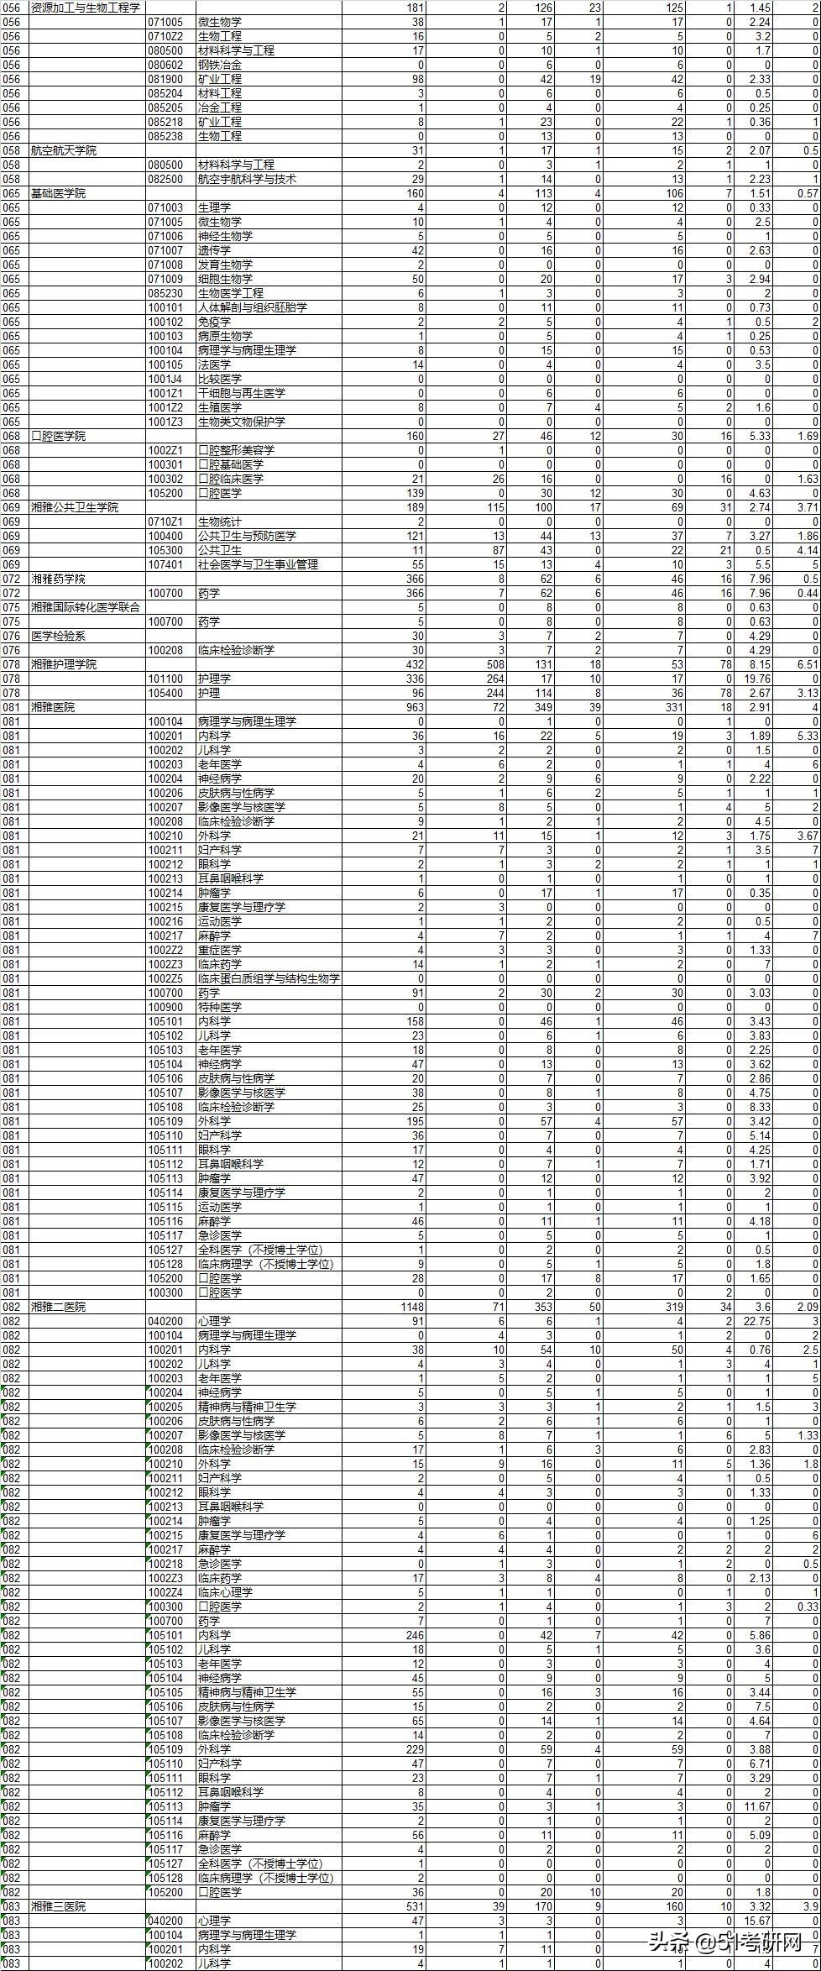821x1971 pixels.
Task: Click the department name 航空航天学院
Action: click(64, 150)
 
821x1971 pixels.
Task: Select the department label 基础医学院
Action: click(58, 193)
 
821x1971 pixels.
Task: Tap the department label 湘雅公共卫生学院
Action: click(75, 507)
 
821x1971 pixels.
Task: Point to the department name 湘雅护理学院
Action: click(64, 664)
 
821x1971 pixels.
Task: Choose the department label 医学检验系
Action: click(58, 636)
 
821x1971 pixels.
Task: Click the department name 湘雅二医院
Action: click(58, 1307)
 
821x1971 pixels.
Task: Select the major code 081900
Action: click(165, 79)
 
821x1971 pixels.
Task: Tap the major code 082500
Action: click(165, 179)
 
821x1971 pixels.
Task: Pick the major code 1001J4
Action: click(165, 379)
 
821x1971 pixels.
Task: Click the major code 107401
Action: click(165, 564)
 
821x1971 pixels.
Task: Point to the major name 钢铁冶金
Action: click(219, 65)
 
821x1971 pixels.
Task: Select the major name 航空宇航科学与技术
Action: click(247, 179)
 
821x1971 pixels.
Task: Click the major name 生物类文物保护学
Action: click(241, 422)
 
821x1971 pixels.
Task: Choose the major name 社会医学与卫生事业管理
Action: click(258, 564)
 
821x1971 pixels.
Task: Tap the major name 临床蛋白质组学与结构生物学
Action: click(269, 978)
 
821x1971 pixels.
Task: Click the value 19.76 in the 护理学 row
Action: click(757, 679)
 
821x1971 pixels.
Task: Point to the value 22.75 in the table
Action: click(757, 1321)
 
